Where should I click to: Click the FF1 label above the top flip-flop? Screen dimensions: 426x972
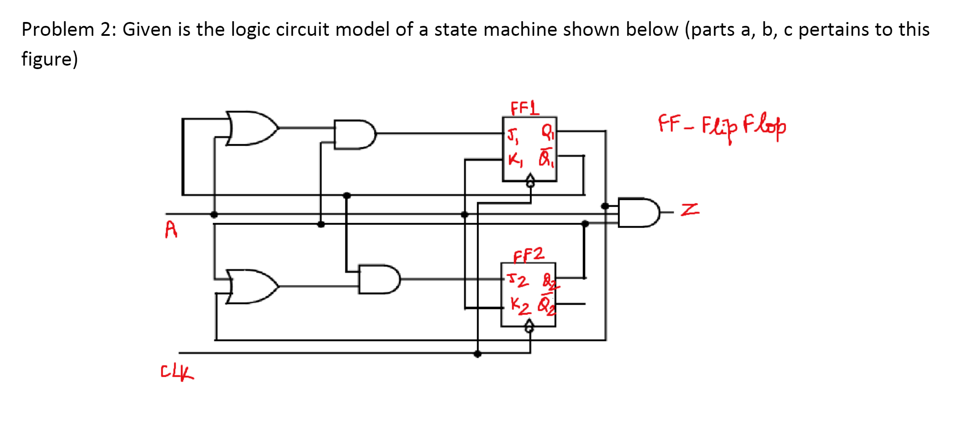[524, 108]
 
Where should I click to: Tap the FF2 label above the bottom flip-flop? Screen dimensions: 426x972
[528, 255]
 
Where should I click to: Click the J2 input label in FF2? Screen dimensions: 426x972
[517, 280]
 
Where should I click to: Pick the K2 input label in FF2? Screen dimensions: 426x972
[520, 306]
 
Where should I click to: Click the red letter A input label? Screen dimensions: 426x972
[171, 229]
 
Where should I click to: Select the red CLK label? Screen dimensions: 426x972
[177, 372]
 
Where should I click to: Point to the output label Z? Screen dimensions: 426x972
[690, 210]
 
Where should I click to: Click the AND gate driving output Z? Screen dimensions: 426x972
[638, 212]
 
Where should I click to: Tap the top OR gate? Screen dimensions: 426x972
[250, 128]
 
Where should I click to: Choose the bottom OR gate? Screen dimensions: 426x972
[250, 286]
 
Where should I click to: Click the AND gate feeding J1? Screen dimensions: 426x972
[354, 134]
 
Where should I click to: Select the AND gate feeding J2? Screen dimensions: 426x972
[378, 279]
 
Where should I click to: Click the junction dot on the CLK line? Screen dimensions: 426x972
[478, 354]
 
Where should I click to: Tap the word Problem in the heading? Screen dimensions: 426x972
[58, 30]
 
